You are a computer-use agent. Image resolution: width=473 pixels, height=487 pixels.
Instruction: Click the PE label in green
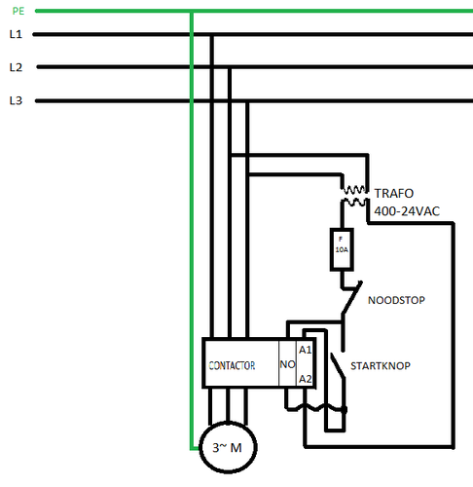(x=18, y=11)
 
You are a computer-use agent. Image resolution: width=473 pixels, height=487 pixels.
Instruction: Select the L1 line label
(x=16, y=34)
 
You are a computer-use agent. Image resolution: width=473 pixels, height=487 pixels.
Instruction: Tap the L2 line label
(x=16, y=67)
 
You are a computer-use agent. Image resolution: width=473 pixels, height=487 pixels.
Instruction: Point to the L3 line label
(x=16, y=100)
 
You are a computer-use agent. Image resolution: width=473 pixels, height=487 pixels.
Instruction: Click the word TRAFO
(x=394, y=194)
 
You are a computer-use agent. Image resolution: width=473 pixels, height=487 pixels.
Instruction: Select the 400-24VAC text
(x=407, y=211)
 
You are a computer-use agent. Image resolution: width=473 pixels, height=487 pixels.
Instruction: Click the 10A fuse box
(x=342, y=249)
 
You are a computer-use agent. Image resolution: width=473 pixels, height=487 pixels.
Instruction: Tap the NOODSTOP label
(x=396, y=300)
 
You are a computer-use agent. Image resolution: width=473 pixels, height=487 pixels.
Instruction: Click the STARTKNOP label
(x=381, y=366)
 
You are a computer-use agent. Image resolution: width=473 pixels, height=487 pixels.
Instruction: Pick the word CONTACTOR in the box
(x=232, y=366)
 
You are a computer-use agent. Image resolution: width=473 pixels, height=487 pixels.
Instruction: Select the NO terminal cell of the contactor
(x=287, y=363)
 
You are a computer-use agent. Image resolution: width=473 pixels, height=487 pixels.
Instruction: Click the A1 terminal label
(x=305, y=350)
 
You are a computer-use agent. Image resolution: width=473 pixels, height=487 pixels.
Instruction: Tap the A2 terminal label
(x=305, y=379)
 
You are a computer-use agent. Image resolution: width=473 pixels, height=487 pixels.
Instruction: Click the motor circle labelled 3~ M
(x=228, y=447)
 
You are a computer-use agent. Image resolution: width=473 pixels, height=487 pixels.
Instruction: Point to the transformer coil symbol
(x=354, y=196)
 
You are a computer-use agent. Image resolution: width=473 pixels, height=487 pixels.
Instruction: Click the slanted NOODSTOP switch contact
(x=351, y=298)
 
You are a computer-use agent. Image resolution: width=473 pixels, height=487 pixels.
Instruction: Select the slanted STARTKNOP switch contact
(x=338, y=366)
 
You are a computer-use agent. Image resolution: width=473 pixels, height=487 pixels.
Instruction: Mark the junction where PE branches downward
(x=192, y=12)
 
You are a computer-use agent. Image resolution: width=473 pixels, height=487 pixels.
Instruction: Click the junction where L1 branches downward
(x=212, y=34)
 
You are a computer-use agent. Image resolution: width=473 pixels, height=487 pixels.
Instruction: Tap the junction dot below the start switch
(x=344, y=410)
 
